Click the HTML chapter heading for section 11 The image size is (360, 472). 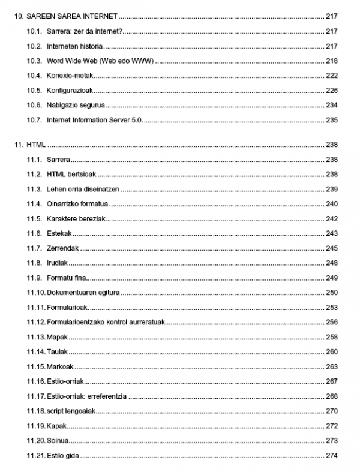point(37,145)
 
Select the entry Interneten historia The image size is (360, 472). point(74,46)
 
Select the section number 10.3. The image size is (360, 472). point(34,61)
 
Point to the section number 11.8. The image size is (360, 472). point(34,263)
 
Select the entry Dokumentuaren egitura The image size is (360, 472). point(83,293)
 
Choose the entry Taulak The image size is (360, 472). point(57,352)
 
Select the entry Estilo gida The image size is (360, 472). point(62,456)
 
